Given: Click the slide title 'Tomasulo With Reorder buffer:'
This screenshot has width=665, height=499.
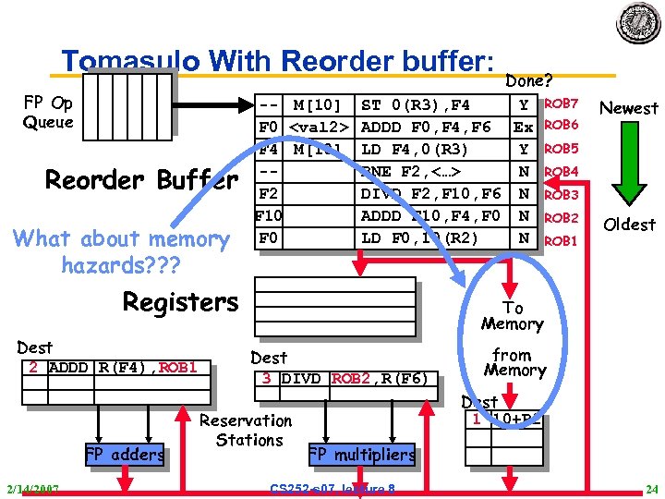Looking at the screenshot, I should coord(278,61).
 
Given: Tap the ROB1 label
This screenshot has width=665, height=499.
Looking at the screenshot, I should coord(562,240).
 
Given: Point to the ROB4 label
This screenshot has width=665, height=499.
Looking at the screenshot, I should coord(562,172).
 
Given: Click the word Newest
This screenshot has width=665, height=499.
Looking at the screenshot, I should coord(629,108).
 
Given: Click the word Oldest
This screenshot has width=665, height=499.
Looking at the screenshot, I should coord(629,225).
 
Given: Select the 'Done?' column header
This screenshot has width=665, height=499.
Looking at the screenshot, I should coord(529,81).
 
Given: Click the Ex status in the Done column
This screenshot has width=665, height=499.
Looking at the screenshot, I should coord(524,127).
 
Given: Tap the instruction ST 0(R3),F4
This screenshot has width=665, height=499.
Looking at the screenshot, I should coord(416,104).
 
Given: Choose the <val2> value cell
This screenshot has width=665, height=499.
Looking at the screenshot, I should coord(319,127).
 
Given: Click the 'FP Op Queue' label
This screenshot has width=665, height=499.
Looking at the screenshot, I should coord(48,112).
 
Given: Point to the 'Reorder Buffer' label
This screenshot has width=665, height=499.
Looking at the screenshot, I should coord(141,179).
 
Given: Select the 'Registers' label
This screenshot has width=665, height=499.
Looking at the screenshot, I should coord(181,302).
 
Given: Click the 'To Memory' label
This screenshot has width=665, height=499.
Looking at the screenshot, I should coord(513,316).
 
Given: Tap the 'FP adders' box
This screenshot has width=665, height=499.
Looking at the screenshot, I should coord(124,454).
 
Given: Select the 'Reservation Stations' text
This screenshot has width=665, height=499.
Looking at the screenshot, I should coord(248,431).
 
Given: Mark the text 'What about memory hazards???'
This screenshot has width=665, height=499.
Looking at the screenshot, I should coord(121,252).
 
